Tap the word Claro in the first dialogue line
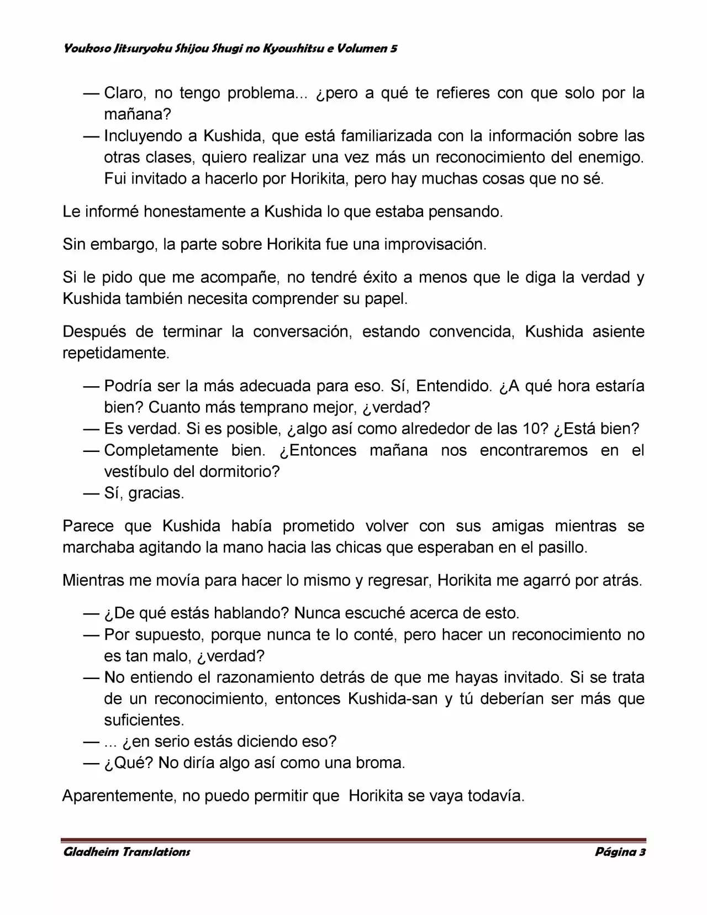(124, 93)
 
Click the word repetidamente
(116, 353)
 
